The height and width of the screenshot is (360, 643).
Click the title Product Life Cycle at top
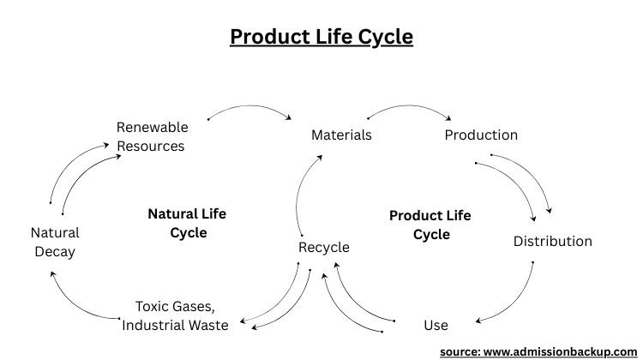pos(321,38)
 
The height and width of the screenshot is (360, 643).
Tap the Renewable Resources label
pos(151,136)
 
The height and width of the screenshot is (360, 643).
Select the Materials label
pos(341,135)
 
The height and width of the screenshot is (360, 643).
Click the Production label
pos(481,135)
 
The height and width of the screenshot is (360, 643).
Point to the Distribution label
pos(552,241)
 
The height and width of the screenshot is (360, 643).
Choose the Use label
pos(436,325)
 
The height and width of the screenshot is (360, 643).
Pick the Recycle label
pos(323,247)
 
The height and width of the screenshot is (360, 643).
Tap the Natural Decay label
pos(54,242)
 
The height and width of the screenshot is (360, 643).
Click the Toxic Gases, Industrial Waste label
pos(175,315)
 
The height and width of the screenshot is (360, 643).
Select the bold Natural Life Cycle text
pos(187,223)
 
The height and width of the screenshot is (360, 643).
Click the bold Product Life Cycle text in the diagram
pos(430,225)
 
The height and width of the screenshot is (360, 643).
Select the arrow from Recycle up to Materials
pos(301,193)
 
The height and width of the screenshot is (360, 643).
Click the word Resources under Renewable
pos(151,146)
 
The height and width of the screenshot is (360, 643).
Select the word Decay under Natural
pos(54,251)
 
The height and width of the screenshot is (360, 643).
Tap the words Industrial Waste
pos(175,325)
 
